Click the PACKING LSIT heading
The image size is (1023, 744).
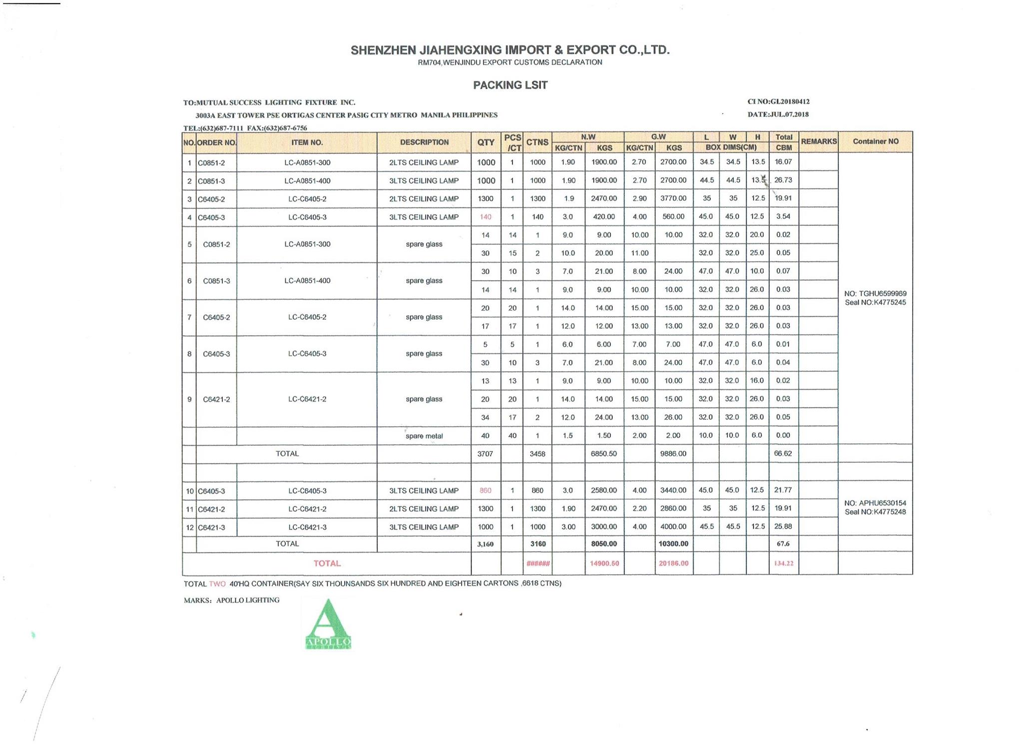point(510,85)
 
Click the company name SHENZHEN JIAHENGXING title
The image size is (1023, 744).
point(510,50)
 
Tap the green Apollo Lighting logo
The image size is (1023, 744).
point(328,625)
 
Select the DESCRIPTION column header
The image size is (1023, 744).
point(424,142)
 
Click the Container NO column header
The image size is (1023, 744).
point(875,141)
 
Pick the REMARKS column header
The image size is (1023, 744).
point(819,141)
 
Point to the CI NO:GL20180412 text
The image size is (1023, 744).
point(778,101)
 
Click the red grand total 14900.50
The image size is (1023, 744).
point(604,564)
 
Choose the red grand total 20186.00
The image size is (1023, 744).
point(673,564)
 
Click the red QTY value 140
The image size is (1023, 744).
point(486,217)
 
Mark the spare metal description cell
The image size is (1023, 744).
point(424,436)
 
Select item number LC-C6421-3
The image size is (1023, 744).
point(307,527)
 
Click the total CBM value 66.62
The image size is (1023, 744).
point(783,454)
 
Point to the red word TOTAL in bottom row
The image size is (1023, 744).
point(327,564)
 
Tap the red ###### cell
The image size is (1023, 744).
point(537,564)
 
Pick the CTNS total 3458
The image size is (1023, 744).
point(537,454)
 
